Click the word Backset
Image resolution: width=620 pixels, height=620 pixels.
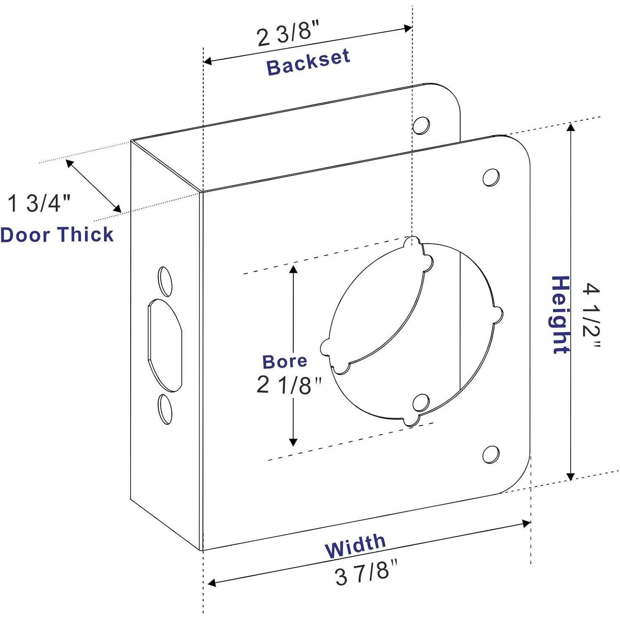click(x=308, y=62)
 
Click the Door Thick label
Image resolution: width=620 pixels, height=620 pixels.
click(x=57, y=235)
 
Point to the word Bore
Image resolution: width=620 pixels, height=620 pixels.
click(x=285, y=361)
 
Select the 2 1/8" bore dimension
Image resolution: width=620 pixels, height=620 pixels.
click(x=288, y=385)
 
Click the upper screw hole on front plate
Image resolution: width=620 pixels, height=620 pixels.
click(x=491, y=177)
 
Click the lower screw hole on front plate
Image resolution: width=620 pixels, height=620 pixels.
click(x=491, y=454)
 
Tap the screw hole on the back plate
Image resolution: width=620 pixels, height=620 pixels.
click(x=421, y=125)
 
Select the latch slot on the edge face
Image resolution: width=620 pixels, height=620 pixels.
click(x=165, y=345)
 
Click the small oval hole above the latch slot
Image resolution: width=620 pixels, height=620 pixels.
click(x=165, y=281)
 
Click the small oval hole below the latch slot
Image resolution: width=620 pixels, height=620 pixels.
click(x=165, y=409)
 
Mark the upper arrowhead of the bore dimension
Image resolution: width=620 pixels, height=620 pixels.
click(x=293, y=269)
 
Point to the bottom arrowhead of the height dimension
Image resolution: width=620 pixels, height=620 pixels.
click(x=570, y=476)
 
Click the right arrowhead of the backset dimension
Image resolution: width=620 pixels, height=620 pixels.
click(x=408, y=28)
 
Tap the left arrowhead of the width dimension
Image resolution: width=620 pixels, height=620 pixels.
click(x=211, y=583)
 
